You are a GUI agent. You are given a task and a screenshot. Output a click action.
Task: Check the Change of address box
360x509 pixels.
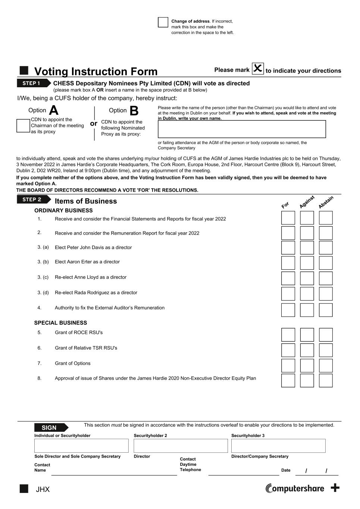point(163,22)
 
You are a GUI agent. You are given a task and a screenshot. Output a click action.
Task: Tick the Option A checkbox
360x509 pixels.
point(23,126)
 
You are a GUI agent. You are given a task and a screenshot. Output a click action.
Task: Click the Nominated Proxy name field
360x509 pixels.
point(242,129)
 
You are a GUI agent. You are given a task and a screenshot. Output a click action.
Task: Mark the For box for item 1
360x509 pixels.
point(288,218)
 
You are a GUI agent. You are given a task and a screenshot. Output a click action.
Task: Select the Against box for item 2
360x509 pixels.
point(307,233)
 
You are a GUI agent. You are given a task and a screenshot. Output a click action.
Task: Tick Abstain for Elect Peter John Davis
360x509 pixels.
point(326,248)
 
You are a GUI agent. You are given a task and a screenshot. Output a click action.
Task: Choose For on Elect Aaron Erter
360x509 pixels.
point(288,263)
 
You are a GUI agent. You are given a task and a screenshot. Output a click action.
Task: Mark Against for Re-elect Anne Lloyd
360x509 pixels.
point(307,278)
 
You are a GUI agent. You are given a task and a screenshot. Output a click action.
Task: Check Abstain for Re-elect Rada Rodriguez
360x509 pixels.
point(326,293)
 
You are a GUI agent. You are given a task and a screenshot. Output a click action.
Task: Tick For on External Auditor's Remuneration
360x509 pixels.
point(288,310)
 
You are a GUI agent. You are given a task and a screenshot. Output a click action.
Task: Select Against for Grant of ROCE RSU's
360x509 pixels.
point(307,335)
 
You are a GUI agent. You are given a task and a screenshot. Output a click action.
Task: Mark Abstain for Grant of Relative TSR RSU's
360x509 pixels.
point(326,350)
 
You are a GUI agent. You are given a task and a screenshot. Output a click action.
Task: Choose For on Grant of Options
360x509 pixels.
point(288,365)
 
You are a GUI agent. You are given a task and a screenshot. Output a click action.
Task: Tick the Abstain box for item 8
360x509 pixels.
point(326,380)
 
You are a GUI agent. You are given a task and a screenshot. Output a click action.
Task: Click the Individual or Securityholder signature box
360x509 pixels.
point(81,446)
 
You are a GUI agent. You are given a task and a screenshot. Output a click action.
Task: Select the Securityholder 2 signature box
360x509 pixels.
point(181,446)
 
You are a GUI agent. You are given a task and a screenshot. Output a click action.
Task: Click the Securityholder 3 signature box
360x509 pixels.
point(278,446)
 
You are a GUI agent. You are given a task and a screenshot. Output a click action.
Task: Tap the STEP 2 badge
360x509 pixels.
point(33,199)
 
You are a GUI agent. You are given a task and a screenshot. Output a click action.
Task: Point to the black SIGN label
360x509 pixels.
point(50,428)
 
